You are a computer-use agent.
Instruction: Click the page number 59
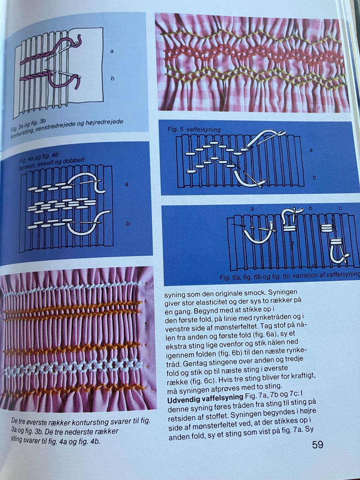(x=318, y=445)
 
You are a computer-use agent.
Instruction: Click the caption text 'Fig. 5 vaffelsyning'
(x=194, y=129)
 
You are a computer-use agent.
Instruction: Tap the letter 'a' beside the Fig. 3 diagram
(x=112, y=52)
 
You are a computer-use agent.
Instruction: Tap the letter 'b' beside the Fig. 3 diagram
(x=112, y=78)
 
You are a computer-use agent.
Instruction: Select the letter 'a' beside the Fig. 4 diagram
(x=126, y=184)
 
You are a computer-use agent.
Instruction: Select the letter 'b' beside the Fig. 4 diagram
(x=128, y=223)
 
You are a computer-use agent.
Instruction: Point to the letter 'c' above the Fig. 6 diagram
(x=340, y=208)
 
